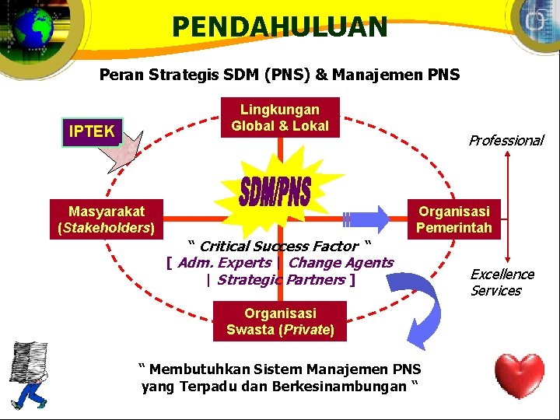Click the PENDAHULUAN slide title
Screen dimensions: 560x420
(x=279, y=27)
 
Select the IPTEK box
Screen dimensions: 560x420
(x=92, y=131)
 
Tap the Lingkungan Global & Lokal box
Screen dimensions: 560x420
(x=280, y=118)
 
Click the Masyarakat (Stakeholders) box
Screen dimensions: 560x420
(x=106, y=219)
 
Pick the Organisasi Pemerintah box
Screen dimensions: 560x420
(x=454, y=219)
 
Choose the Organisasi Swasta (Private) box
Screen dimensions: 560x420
(x=280, y=321)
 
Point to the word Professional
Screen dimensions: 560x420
(x=506, y=141)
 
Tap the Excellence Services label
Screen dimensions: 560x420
(x=502, y=282)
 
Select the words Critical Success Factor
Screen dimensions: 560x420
(x=279, y=247)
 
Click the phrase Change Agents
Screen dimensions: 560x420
(x=341, y=263)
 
